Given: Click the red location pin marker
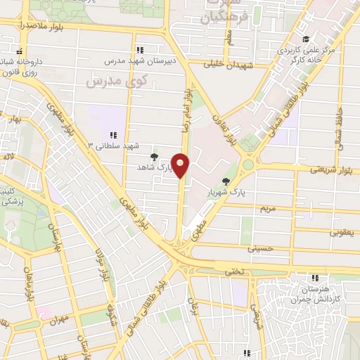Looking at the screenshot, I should click(x=181, y=166).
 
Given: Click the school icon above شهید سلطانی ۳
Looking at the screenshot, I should click(x=112, y=135).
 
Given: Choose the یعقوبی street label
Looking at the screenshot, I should click(x=345, y=231).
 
